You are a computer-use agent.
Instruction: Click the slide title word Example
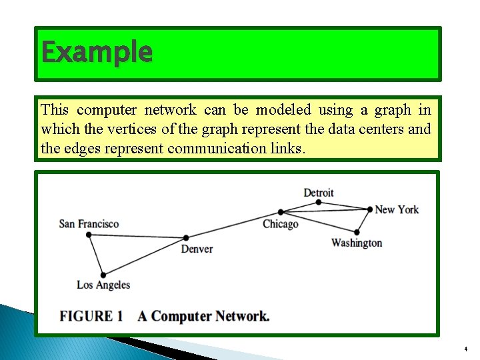click(97, 51)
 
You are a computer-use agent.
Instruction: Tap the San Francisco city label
click(89, 224)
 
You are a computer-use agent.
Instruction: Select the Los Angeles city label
click(103, 285)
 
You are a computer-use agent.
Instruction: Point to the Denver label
click(197, 249)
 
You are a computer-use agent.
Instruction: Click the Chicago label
click(281, 224)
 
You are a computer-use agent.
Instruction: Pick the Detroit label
click(319, 193)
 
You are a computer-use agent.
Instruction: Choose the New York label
click(397, 209)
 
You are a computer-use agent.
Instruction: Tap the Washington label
click(357, 243)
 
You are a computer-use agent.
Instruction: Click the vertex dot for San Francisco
click(89, 234)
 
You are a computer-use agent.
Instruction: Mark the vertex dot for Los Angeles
click(103, 275)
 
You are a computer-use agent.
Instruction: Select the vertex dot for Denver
click(186, 237)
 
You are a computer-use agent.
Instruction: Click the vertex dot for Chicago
click(281, 213)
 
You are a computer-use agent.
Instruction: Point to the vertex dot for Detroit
click(319, 202)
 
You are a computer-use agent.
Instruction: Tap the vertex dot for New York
click(370, 209)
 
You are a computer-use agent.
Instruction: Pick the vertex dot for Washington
click(357, 232)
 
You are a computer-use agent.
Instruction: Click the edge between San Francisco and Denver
click(137, 235)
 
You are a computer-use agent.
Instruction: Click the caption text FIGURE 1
click(91, 316)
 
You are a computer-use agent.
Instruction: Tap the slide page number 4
click(465, 349)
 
